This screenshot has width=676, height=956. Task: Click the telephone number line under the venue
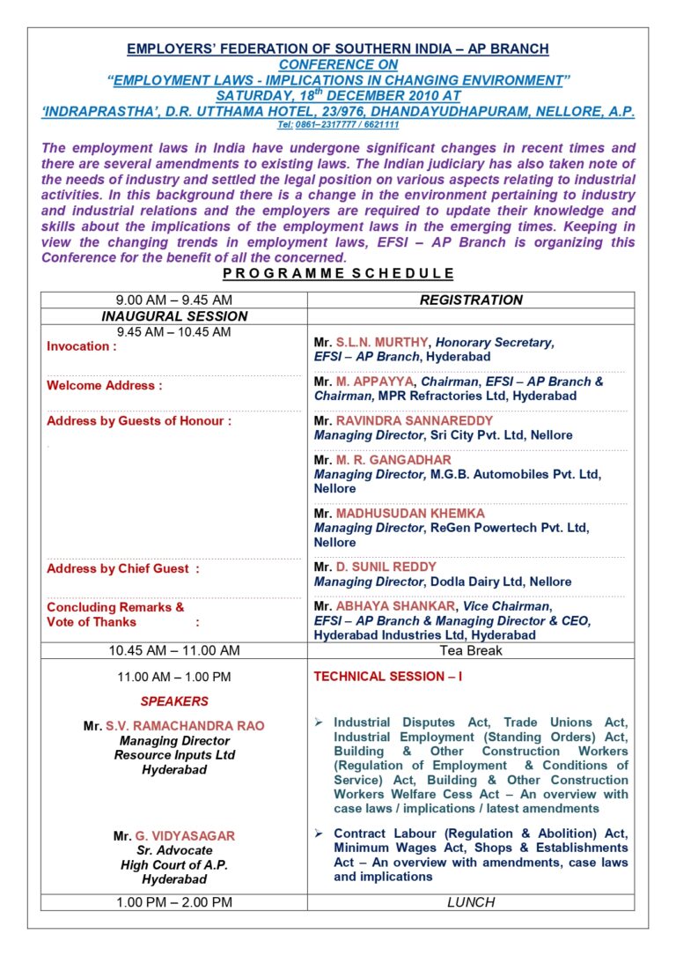(338, 126)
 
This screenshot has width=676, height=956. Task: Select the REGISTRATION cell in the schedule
(471, 300)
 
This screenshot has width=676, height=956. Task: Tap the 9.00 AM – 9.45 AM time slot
(174, 300)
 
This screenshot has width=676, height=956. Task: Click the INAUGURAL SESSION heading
(174, 316)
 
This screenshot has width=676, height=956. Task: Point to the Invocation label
(82, 346)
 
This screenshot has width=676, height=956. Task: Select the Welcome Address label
(105, 386)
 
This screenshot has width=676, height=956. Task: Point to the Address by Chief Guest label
(123, 569)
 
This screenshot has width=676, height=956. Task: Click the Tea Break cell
(471, 651)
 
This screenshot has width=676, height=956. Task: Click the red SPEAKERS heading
(174, 702)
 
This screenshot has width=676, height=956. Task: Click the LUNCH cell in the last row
(471, 902)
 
